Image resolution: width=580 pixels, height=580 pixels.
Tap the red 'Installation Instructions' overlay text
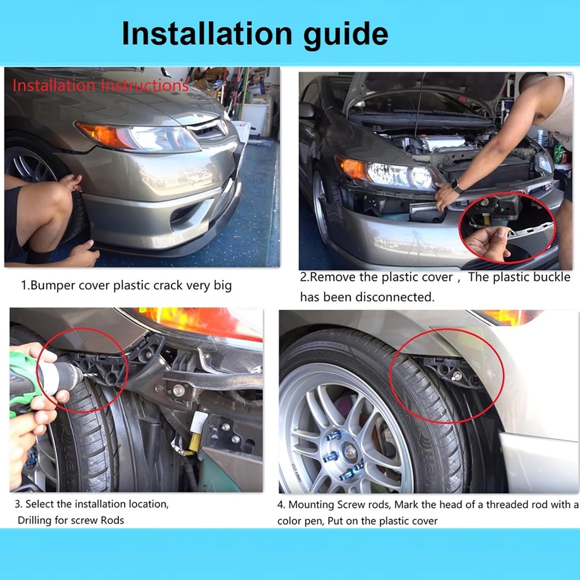point(100,86)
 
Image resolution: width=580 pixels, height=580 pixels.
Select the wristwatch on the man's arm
point(457,186)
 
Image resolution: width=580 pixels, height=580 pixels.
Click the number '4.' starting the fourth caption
point(282,505)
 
